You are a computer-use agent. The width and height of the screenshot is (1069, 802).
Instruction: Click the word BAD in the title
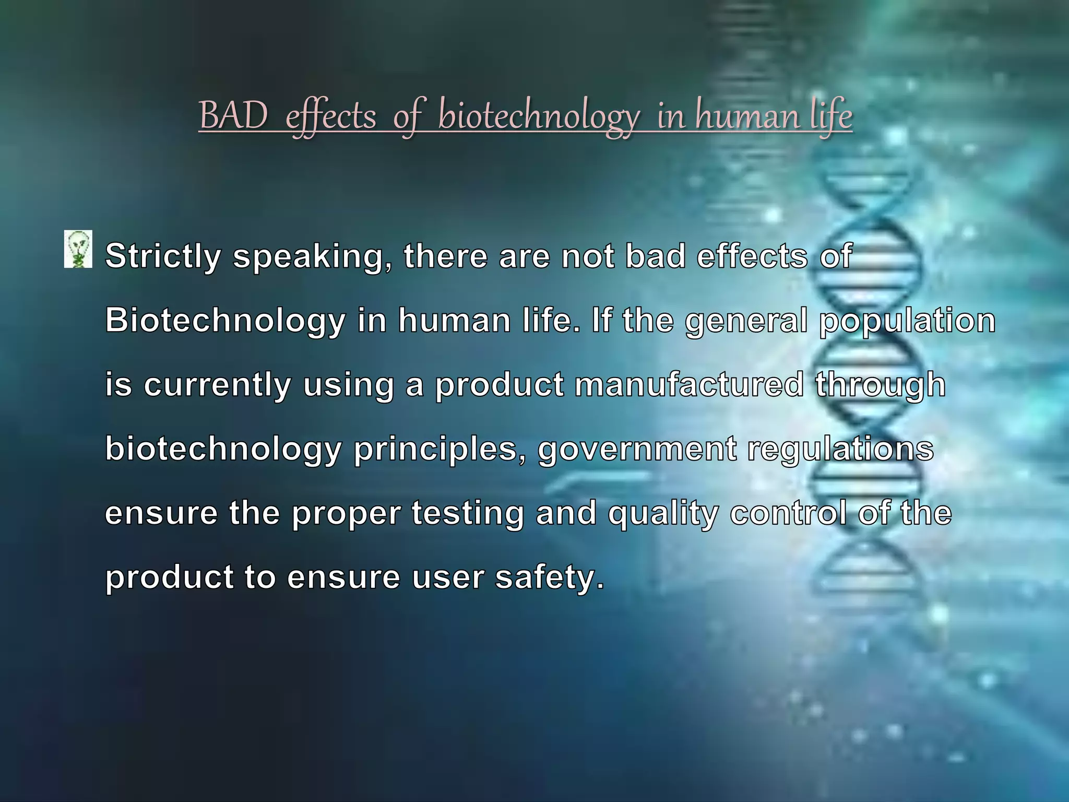tap(233, 116)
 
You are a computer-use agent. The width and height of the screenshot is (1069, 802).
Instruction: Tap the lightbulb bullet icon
tap(78, 249)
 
